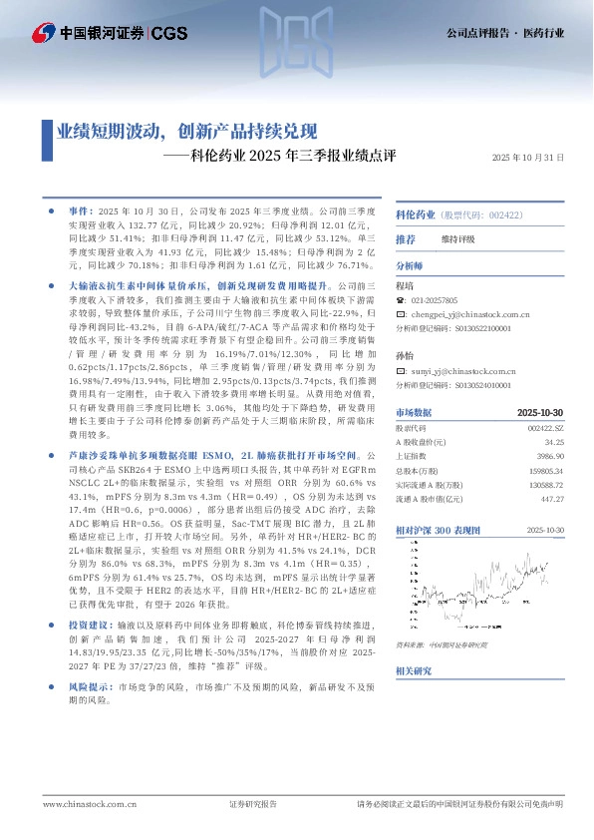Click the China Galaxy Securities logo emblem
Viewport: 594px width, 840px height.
pos(43,33)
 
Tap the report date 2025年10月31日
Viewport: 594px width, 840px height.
pos(528,157)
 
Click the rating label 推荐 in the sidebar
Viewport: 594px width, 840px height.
pos(406,240)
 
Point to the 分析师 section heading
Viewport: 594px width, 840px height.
pos(410,267)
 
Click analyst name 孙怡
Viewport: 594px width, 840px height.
pos(405,354)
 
